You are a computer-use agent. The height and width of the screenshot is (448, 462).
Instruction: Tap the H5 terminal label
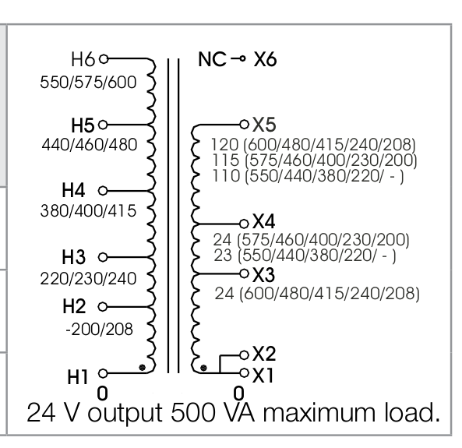(x=83, y=125)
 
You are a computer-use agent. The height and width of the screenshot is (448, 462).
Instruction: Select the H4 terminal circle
(x=103, y=191)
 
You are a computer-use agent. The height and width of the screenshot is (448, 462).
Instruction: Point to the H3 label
(x=74, y=257)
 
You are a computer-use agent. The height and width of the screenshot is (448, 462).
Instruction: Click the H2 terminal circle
(x=103, y=307)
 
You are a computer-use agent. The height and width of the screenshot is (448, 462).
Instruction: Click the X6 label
(x=265, y=60)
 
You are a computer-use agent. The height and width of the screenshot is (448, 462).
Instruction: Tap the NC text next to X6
(x=213, y=59)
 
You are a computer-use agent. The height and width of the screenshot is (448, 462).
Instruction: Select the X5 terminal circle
(x=245, y=125)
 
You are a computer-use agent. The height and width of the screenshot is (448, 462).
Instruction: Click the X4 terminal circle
(x=244, y=224)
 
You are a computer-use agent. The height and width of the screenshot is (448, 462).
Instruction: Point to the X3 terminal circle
(x=245, y=273)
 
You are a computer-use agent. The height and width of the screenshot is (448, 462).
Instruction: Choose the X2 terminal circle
(x=245, y=355)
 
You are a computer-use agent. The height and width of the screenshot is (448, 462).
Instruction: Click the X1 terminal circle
(x=245, y=373)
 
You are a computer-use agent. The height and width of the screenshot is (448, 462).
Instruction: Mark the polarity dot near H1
(x=143, y=368)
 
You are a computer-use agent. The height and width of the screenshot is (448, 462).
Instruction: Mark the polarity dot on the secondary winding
(x=203, y=368)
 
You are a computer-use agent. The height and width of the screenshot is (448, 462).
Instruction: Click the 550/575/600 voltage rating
(x=88, y=83)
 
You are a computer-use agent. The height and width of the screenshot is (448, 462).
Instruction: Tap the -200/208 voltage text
(x=99, y=330)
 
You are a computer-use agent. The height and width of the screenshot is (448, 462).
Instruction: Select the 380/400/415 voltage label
(x=88, y=211)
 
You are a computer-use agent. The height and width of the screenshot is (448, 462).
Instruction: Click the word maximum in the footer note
(x=319, y=413)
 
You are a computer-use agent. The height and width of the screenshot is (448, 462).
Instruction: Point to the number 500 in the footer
(x=193, y=413)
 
